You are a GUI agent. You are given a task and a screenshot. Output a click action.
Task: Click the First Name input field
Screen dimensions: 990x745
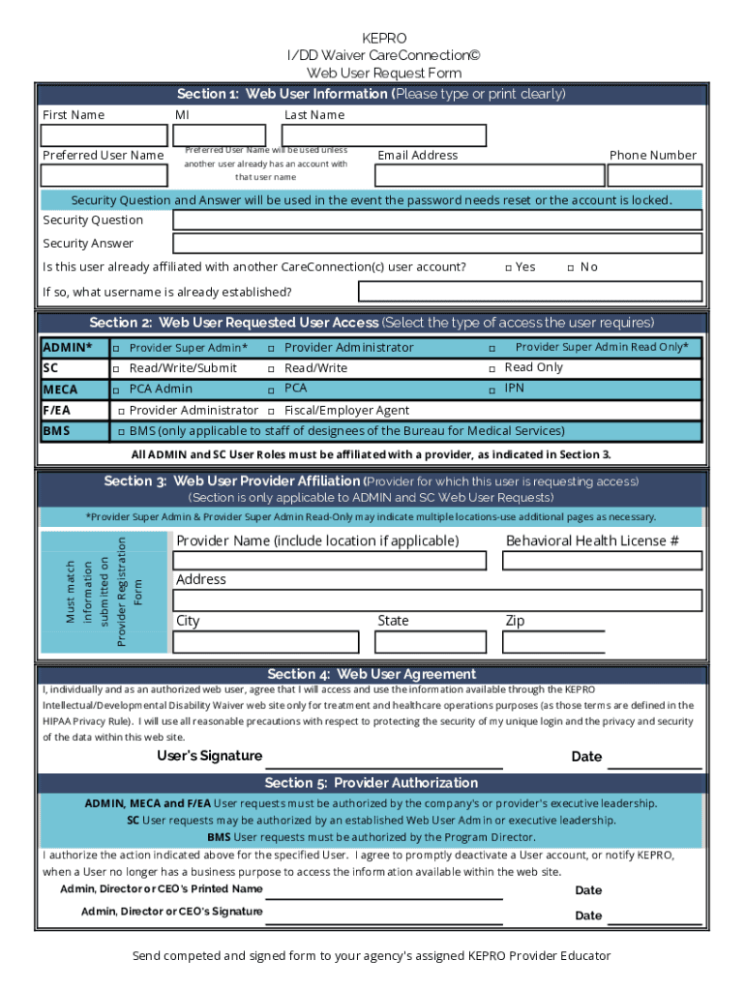pos(103,135)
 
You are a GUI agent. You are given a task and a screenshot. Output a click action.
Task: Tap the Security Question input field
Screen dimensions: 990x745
pos(436,219)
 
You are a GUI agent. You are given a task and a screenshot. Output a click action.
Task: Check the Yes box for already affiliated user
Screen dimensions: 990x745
pos(508,268)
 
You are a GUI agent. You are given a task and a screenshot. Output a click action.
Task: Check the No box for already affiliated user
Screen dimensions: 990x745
pos(571,268)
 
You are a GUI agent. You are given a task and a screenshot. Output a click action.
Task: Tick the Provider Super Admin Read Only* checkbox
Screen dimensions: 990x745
pos(492,348)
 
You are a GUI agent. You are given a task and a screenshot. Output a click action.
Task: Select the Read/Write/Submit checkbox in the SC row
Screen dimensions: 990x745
pos(116,369)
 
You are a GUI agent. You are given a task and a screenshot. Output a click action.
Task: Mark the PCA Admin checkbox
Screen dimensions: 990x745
pos(116,390)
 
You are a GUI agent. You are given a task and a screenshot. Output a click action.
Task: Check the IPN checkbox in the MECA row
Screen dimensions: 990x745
pos(492,390)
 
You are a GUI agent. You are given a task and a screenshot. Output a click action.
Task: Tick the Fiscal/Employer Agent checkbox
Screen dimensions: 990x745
pos(271,411)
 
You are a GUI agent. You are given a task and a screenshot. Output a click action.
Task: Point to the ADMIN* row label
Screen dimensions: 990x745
pos(68,347)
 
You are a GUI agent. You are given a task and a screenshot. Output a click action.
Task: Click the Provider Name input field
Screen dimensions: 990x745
pos(329,561)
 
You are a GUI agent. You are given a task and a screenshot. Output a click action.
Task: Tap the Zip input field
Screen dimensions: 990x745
pos(554,642)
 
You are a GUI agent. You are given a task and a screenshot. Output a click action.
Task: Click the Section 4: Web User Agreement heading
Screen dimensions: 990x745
pos(372,674)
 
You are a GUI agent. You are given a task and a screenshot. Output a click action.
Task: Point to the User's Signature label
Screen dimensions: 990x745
pos(209,756)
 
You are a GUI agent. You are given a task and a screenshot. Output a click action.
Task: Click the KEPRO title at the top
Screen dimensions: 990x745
pos(384,39)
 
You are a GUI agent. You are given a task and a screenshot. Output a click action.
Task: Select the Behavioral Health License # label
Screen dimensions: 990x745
pos(592,540)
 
